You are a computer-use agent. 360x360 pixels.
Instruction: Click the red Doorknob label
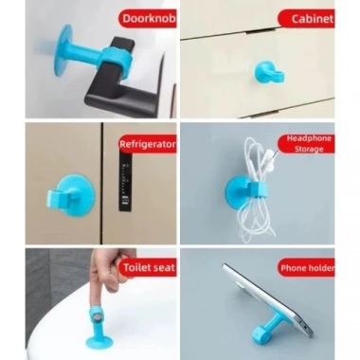(148, 18)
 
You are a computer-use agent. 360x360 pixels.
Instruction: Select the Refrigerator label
(147, 144)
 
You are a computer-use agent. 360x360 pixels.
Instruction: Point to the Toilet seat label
(148, 267)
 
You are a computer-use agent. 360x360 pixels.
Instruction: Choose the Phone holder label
(307, 267)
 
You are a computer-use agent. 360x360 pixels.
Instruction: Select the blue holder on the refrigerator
(69, 195)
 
